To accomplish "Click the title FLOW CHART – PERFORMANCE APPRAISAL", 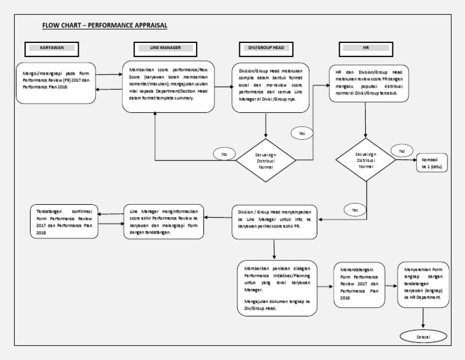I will [104, 25].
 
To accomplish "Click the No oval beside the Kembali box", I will [400, 150].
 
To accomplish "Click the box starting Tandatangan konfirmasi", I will [63, 219].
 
